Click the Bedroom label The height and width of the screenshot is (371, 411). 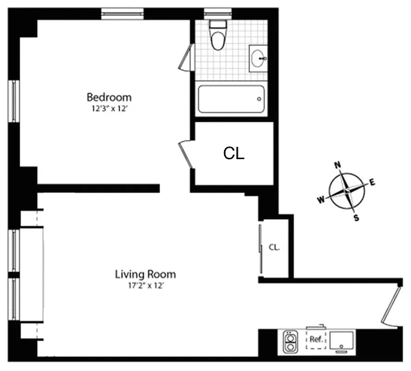coord(109,97)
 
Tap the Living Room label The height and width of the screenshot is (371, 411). coord(145,274)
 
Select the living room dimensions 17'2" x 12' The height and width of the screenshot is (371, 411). coord(145,286)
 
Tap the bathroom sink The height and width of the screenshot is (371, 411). coord(258,58)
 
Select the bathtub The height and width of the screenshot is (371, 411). coord(231,99)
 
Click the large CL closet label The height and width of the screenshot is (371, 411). coord(234,154)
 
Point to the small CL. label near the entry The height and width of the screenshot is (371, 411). coord(274,248)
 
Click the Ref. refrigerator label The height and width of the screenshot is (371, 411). coord(316,339)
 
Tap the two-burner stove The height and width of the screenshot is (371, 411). coord(290,342)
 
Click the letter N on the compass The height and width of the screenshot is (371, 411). coord(338,164)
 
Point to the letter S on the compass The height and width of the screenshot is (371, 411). coord(356,217)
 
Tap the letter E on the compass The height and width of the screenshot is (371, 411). coord(372,182)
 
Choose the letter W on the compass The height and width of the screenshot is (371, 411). coord(321,199)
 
